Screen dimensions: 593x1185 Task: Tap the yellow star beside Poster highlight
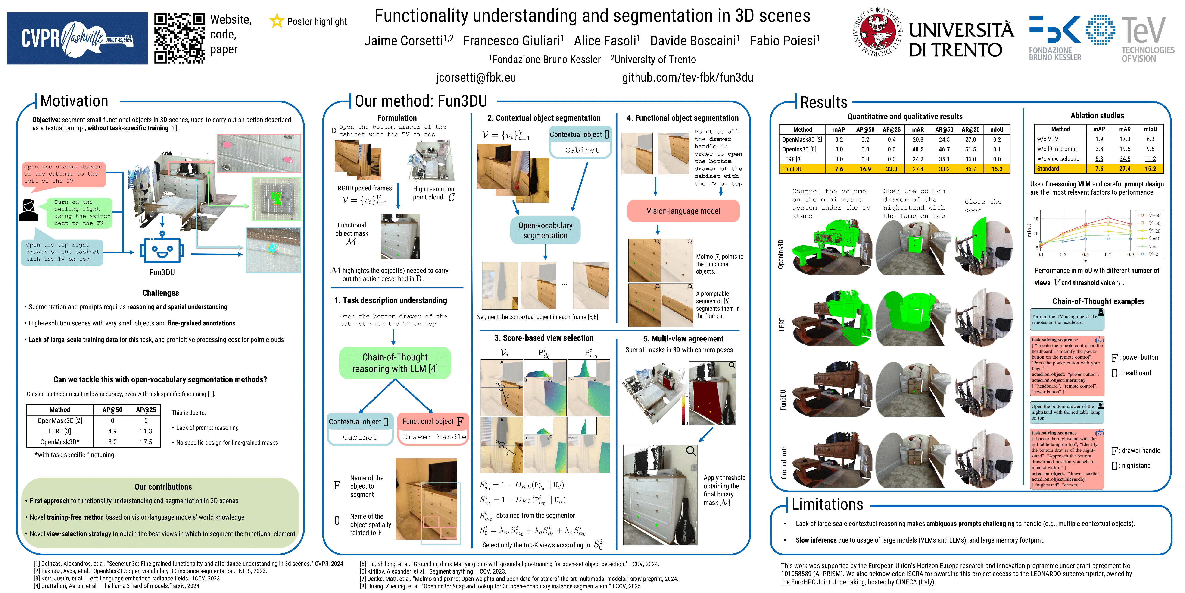(277, 21)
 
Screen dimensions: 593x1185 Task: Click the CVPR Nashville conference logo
(77, 38)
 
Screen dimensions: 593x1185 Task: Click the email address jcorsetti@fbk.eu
(476, 77)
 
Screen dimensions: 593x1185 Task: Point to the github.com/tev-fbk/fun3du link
(687, 77)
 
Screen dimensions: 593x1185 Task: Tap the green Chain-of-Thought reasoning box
(395, 363)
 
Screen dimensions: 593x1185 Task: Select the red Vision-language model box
(683, 211)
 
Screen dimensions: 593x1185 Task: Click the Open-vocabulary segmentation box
(545, 230)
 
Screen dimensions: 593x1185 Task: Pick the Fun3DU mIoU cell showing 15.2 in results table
(996, 169)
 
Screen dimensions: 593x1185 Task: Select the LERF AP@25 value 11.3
(146, 431)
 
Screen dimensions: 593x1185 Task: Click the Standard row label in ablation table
(1048, 168)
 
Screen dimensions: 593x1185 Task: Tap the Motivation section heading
(74, 101)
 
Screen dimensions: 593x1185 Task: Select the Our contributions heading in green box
(163, 487)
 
